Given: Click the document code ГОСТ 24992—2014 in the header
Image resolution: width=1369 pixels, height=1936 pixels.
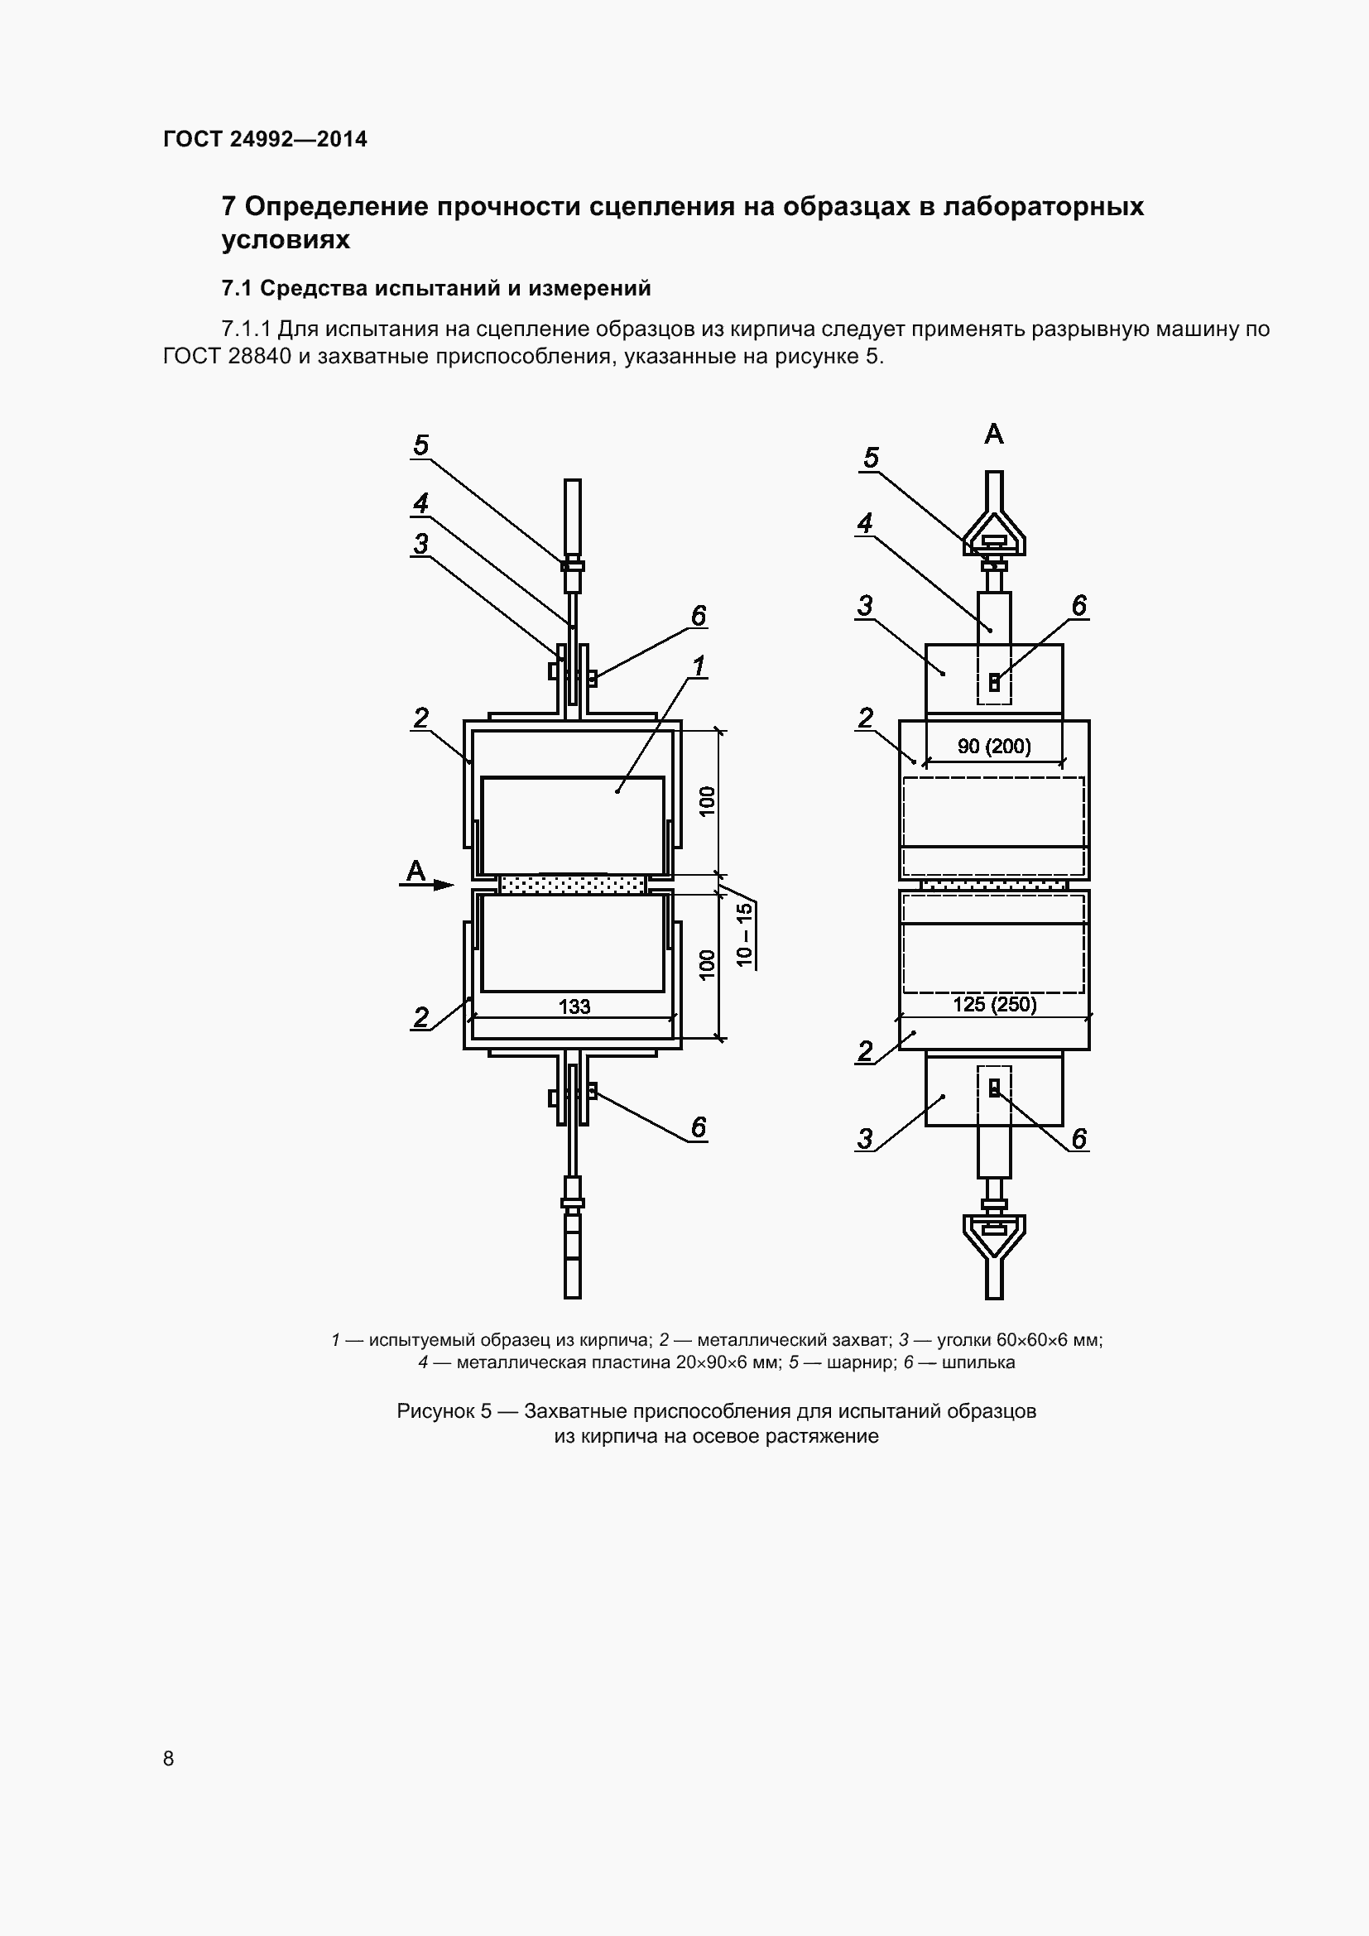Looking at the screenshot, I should coord(265,139).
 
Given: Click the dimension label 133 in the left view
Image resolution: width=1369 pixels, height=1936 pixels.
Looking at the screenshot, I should coord(574,1006).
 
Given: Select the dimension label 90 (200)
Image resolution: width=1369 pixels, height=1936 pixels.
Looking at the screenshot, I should coord(994,747).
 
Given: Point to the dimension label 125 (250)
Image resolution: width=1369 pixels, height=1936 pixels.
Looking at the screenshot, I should coord(994,1004).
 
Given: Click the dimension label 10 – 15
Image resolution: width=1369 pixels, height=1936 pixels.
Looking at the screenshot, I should coord(743,934).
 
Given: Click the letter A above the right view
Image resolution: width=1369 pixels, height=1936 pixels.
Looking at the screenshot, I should coord(994,435).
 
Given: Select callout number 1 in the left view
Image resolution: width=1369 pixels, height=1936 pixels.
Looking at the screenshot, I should coord(699,666).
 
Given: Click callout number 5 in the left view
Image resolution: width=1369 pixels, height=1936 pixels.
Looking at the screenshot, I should coord(421,444).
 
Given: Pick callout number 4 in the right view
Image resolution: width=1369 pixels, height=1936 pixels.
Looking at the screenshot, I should coord(865,523).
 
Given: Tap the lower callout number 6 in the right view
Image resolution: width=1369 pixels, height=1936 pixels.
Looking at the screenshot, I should coord(1079,1138).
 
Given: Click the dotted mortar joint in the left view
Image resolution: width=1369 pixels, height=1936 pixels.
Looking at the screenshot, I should coord(573,885).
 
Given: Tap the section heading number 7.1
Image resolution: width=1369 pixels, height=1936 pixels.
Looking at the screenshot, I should coord(237,288).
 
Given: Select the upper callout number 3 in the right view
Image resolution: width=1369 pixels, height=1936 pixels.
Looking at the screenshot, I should coord(865,605).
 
